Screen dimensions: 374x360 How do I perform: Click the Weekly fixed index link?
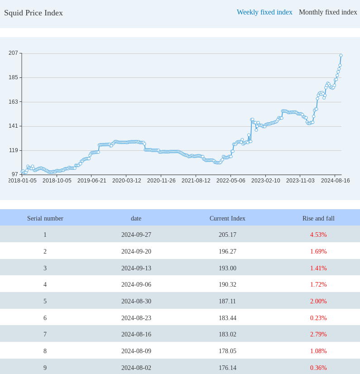coord(264,12)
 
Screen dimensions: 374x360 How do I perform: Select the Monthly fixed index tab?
coord(328,12)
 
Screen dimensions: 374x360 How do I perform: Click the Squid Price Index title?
coord(34,13)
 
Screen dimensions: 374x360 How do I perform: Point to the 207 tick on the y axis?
coord(13,53)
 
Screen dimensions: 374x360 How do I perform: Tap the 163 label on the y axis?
coord(13,101)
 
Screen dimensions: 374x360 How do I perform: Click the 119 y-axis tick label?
coord(13,150)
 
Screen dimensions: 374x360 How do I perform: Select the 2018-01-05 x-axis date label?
coord(22,181)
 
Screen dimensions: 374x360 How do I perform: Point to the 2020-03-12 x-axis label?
coord(126,181)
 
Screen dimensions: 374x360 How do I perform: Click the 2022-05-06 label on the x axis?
coord(230,181)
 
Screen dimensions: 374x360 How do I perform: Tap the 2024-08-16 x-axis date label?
coord(335,181)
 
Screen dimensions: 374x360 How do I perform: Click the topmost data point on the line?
coord(341,56)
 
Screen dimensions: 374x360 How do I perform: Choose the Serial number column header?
coord(45,218)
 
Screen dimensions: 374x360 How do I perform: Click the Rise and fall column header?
coord(318,218)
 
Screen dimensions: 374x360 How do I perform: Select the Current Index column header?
coord(227,218)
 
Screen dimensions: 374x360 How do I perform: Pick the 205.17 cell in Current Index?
coord(227,235)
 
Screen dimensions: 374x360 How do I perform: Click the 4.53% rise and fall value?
coord(318,235)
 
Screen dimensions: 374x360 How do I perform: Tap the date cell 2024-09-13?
coord(136,268)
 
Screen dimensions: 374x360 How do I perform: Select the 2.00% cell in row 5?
coord(318,301)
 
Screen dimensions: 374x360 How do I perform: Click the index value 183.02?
coord(227,334)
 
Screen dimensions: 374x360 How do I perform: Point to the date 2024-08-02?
coord(136,368)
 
